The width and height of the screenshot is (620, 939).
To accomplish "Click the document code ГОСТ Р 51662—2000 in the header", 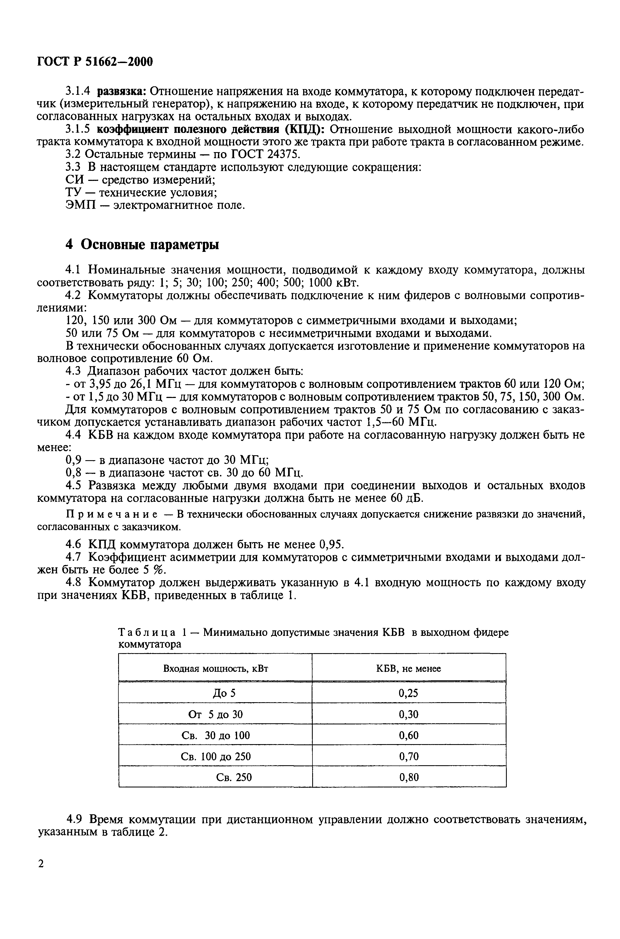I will (x=95, y=62).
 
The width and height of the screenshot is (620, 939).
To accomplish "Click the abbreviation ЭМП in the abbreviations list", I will (x=80, y=206).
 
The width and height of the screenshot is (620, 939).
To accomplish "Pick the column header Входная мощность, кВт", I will (x=215, y=668).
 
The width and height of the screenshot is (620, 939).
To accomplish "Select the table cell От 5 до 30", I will (x=215, y=714).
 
